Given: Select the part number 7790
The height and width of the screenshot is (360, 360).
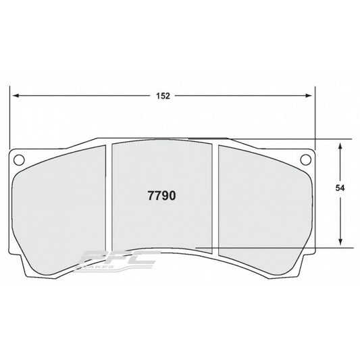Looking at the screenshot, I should click(161, 196).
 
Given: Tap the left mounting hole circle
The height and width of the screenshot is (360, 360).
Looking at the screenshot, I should click(19, 160).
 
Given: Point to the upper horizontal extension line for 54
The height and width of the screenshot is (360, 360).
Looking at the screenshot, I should click(284, 140).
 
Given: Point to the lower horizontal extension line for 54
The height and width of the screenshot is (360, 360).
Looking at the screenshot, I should click(284, 248).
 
